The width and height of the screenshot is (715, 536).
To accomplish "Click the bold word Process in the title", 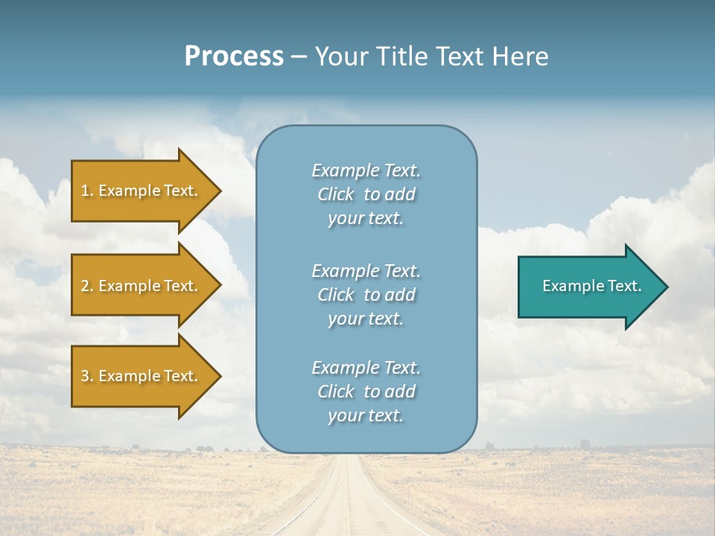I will coord(234,56).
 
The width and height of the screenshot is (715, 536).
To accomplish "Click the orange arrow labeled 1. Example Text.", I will coord(142,191).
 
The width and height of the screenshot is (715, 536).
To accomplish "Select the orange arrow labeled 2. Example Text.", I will coord(142,286).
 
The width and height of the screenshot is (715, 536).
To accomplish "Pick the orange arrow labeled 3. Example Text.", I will coord(142,376).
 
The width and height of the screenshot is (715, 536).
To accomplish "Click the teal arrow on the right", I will coord(588,287).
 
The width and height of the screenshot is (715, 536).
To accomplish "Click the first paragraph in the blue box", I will coord(366,194).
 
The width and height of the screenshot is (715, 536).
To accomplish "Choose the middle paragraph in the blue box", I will coord(366,295).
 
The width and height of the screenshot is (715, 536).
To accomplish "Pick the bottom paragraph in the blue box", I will coord(366,392).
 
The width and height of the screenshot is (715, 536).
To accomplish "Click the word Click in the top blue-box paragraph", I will coord(335,194).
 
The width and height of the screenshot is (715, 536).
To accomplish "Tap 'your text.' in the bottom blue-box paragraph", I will coord(366,415).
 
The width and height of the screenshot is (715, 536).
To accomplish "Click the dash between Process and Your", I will coord(299,57).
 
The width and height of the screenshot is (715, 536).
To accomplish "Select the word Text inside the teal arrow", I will coord(626,286).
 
